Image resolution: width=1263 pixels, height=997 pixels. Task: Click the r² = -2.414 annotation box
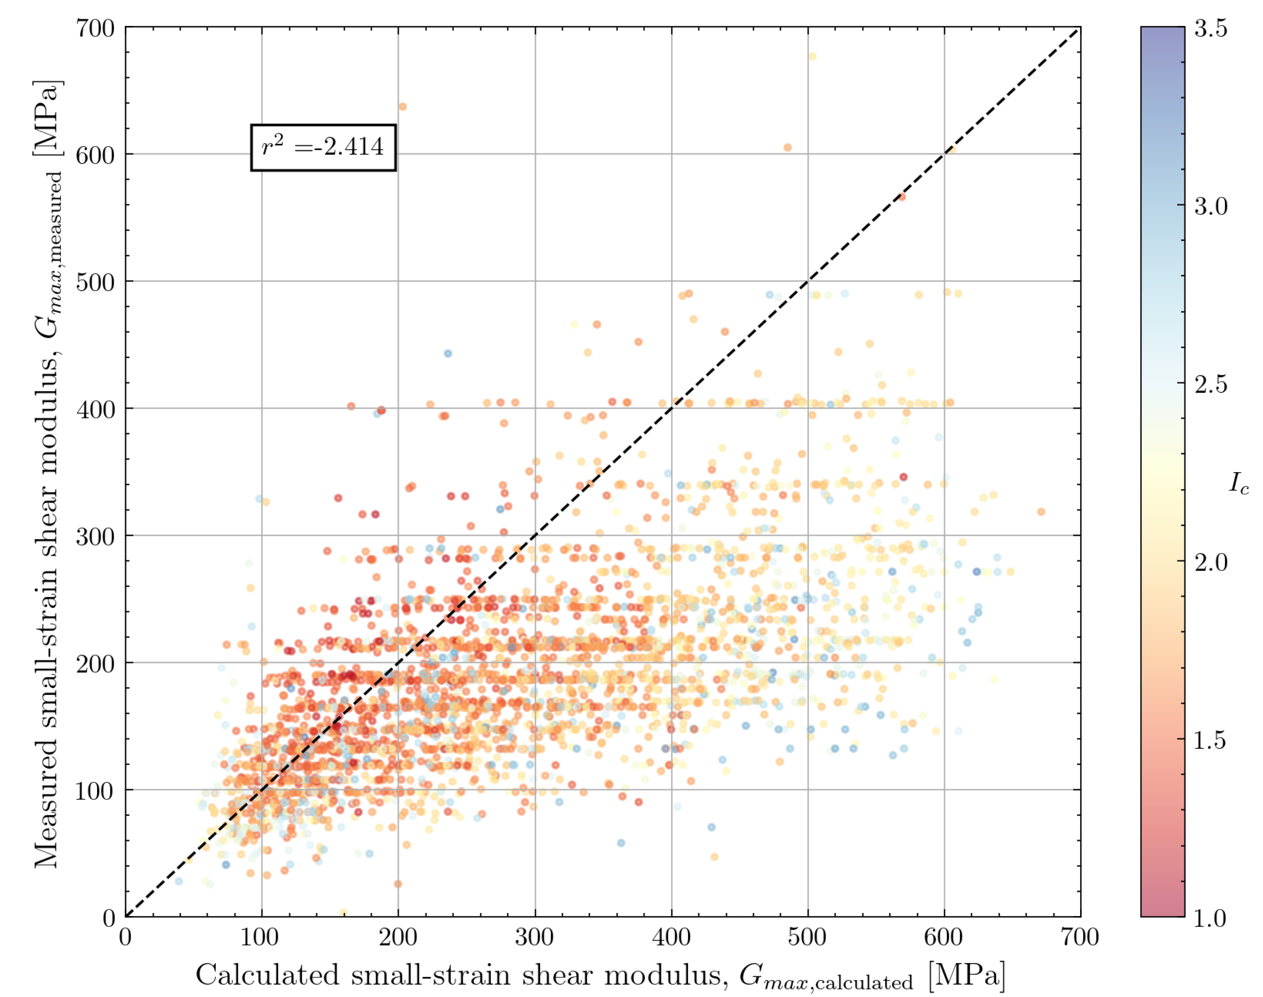[323, 147]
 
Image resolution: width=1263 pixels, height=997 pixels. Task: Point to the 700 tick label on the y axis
[95, 28]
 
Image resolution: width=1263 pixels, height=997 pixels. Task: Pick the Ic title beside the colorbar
[1238, 483]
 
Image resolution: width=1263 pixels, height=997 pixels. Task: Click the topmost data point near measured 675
[812, 57]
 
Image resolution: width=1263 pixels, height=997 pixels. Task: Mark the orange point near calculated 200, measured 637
[402, 107]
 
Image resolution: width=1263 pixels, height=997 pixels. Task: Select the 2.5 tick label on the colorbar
[1211, 384]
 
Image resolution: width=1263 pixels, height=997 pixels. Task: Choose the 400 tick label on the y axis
[95, 409]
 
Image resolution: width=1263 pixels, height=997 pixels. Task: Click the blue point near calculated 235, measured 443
[448, 354]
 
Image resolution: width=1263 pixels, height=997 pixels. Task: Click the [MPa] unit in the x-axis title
[967, 976]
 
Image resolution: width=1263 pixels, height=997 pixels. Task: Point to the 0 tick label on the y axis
[109, 917]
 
